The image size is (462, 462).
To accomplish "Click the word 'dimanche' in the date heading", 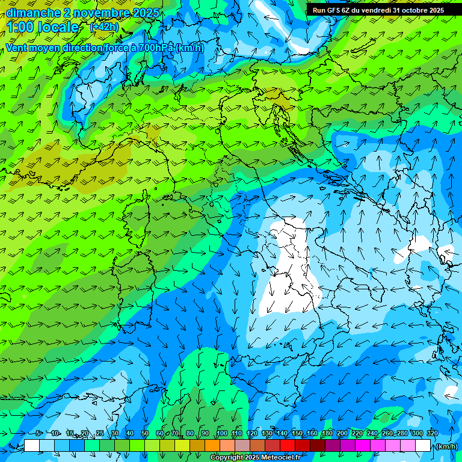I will click(x=29, y=13).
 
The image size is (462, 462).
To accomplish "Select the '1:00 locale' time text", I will click(x=42, y=27).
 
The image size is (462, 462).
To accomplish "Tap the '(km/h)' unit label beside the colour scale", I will click(x=446, y=446).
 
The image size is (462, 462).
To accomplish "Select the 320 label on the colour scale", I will click(x=432, y=433).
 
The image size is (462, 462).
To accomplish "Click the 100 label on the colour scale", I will click(x=221, y=433).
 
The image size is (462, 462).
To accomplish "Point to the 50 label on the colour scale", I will click(x=145, y=433).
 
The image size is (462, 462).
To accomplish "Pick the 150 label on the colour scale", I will click(x=297, y=433).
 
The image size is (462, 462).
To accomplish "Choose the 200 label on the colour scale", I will click(x=342, y=433).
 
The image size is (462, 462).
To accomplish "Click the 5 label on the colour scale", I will click(x=39, y=433).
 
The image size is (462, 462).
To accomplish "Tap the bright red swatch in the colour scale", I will click(x=288, y=446).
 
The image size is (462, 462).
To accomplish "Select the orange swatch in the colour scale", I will click(x=212, y=446).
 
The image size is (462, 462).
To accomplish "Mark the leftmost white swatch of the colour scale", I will click(x=32, y=446).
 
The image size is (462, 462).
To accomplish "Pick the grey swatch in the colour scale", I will click(x=242, y=446).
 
